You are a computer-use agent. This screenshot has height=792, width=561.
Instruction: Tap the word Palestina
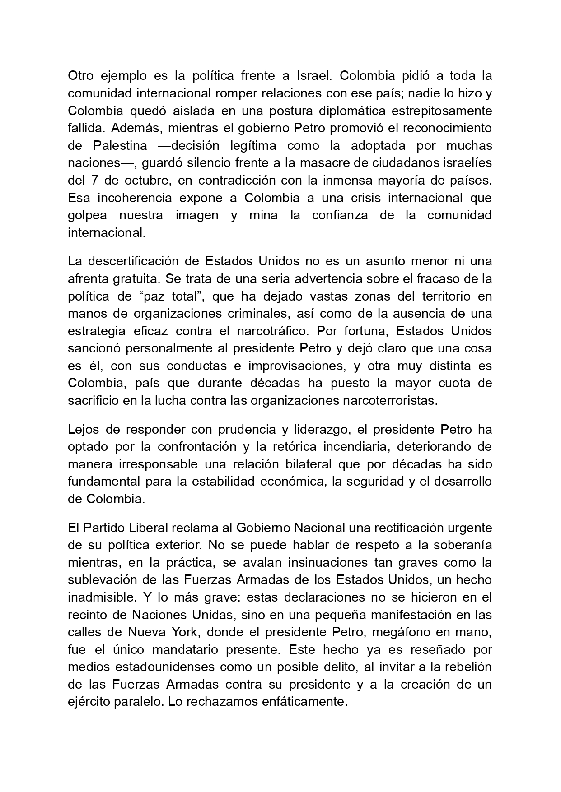[x=120, y=146]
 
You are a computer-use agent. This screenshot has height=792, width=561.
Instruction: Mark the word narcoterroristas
[x=389, y=401]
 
